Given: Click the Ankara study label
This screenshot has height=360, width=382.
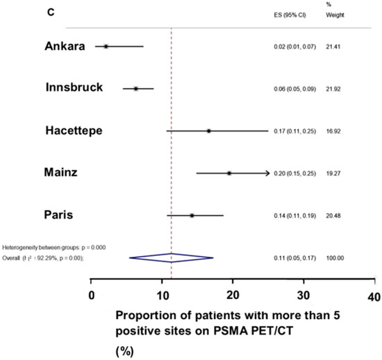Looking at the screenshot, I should point(63,46).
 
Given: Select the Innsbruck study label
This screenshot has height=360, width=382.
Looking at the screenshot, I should point(74,88).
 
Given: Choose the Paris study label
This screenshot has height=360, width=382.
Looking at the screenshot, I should point(60,215).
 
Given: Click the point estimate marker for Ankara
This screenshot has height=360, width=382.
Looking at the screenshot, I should point(106,46).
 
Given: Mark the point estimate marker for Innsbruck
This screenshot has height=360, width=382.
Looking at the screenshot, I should point(136,89).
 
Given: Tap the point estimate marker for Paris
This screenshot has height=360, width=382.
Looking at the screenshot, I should point(192,216).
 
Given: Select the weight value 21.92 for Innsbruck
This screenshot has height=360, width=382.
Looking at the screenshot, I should point(334,89).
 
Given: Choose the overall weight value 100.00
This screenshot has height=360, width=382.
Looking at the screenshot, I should point(336,258).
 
